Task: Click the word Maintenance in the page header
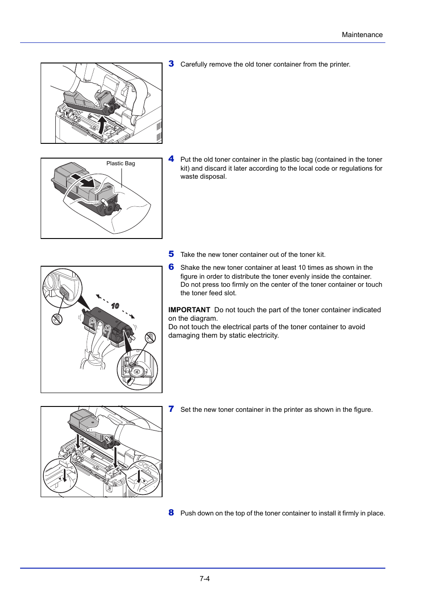pos(362,35)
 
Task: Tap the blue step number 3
pos(171,64)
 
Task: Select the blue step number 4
pos(171,159)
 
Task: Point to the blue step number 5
pos(171,254)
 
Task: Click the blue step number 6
pos(171,267)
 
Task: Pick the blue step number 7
pos(171,409)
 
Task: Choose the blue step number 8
pos(171,513)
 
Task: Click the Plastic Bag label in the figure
pos(121,163)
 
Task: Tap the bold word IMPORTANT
pos(189,310)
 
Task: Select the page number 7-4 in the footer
pos(205,578)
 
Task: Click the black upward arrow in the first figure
pos(102,125)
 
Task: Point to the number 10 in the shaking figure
pos(115,306)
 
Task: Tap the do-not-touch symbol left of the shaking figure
pos(57,319)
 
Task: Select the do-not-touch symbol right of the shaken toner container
pos(150,337)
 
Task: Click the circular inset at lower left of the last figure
pos(60,475)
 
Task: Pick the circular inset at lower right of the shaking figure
pos(137,369)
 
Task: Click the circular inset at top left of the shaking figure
pos(63,288)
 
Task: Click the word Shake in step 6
pos(190,268)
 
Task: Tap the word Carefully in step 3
pos(194,64)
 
